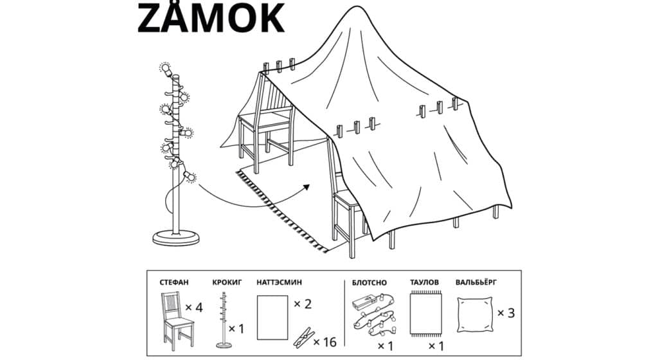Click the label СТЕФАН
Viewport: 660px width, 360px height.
(x=174, y=282)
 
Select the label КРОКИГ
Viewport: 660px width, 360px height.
(x=227, y=282)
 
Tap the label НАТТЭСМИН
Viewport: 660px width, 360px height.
(x=279, y=282)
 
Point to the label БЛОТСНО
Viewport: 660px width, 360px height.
(x=369, y=282)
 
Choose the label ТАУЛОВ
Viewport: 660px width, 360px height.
(x=424, y=282)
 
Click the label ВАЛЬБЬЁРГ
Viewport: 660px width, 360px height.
(x=476, y=282)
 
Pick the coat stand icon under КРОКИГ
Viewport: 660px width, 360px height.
(x=224, y=321)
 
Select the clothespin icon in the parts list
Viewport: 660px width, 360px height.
(x=304, y=337)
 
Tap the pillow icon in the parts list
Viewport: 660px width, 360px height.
(x=474, y=314)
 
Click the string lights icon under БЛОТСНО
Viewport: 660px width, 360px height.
(x=374, y=316)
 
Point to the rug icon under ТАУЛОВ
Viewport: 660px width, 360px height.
(x=426, y=314)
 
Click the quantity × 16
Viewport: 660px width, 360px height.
(x=325, y=342)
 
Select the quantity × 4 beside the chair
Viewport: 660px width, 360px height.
(x=193, y=308)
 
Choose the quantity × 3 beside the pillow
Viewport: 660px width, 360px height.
(x=506, y=313)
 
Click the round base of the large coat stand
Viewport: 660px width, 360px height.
(x=176, y=238)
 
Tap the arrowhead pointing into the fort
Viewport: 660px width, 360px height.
(x=306, y=187)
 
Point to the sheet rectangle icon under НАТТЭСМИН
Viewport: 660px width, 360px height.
(x=272, y=317)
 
